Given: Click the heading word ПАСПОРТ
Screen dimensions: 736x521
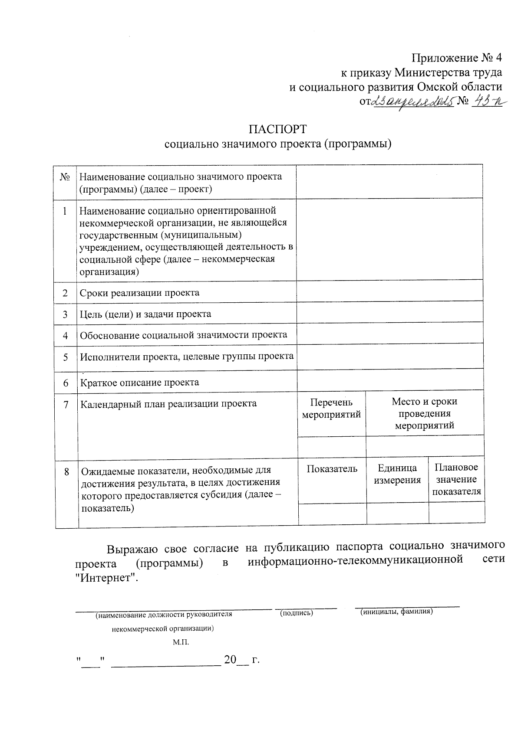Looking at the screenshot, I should tap(278, 129).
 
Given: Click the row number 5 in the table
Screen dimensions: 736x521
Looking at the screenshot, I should tap(66, 357).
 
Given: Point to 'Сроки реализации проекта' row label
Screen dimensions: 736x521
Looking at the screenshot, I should tap(139, 293).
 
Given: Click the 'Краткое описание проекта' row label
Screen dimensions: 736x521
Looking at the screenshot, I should tap(139, 383).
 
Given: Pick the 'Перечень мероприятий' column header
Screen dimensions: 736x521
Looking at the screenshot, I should tap(331, 409).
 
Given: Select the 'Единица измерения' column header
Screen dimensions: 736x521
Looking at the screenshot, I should tap(397, 474).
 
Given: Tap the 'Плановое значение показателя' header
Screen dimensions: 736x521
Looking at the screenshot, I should tap(456, 479).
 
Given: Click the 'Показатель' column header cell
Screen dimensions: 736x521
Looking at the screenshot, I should tap(332, 469).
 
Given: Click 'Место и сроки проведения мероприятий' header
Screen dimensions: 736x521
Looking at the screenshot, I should tap(424, 413).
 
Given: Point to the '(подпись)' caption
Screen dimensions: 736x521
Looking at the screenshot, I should tap(297, 613).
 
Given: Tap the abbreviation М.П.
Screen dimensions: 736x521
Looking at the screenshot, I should tap(181, 642).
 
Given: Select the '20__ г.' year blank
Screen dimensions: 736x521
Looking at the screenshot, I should tap(241, 661).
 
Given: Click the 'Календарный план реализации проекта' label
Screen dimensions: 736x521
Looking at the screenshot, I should tap(168, 404).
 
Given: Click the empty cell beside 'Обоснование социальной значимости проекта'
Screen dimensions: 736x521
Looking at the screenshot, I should tap(389, 335).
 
